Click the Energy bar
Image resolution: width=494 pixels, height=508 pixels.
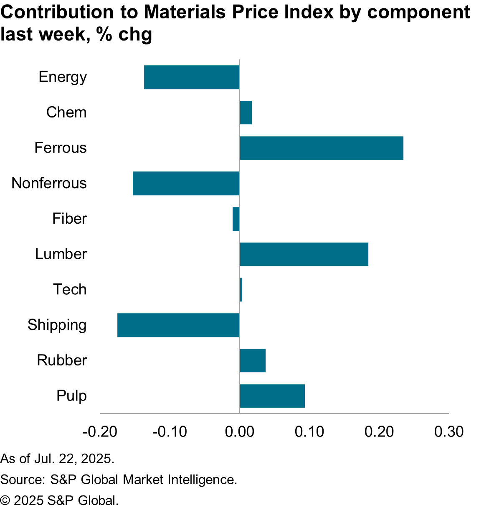[192, 77]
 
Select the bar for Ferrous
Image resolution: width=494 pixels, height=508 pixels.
[322, 148]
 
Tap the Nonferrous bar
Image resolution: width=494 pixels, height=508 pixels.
[186, 183]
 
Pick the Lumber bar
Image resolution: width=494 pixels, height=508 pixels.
[304, 254]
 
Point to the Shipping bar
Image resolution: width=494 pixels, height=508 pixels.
[178, 325]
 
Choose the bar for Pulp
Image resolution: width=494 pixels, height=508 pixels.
[272, 396]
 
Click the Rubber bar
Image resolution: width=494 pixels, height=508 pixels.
[253, 360]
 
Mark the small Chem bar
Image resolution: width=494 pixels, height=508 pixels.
[246, 112]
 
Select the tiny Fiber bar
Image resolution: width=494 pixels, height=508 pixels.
[236, 219]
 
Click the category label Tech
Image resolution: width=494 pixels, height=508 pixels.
[70, 289]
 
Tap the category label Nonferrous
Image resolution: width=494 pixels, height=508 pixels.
[49, 183]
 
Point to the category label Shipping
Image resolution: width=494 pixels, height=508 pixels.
[57, 325]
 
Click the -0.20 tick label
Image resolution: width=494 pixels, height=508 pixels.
[100, 432]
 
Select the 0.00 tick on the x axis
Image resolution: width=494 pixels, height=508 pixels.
[239, 432]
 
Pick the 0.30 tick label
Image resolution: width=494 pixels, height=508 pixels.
[449, 432]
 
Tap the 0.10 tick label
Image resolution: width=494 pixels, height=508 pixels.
[309, 432]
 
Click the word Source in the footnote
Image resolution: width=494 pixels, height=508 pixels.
[22, 480]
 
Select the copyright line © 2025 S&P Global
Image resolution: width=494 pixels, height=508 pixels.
[59, 500]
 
